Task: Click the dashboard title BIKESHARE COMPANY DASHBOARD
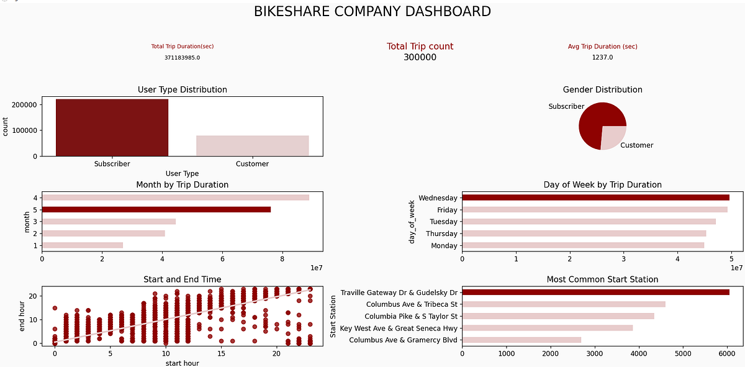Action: (372, 11)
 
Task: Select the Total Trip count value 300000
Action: (420, 58)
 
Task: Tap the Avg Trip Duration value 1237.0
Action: (602, 58)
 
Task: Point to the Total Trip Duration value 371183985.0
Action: (182, 58)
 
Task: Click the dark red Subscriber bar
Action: (112, 127)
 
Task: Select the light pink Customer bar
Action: (252, 145)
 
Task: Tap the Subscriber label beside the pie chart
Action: (566, 107)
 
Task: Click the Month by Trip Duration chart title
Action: (182, 185)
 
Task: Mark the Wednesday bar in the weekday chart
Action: (595, 197)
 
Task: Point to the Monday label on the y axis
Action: (442, 246)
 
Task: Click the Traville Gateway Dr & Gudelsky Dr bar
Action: (595, 292)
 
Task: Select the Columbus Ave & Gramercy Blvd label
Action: (402, 340)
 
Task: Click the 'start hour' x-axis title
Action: (182, 363)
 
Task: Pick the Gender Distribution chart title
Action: (602, 90)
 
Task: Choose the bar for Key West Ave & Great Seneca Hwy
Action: (547, 328)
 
